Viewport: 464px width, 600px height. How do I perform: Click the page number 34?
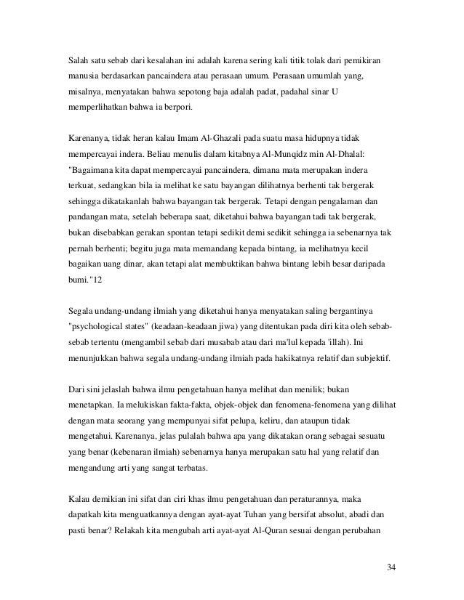391,567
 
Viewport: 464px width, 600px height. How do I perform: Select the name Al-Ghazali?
201,137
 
